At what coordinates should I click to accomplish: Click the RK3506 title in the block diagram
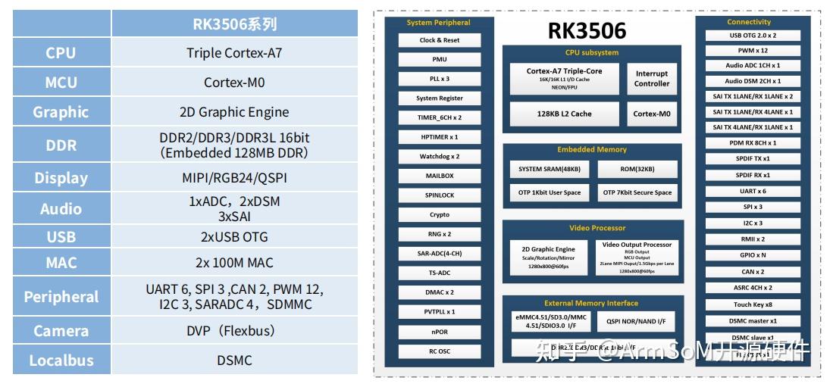pyautogui.click(x=587, y=31)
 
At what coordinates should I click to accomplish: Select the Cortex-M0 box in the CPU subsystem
pyautogui.click(x=651, y=114)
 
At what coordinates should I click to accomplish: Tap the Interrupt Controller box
pyautogui.click(x=651, y=79)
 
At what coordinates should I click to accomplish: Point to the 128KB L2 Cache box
pyautogui.click(x=565, y=114)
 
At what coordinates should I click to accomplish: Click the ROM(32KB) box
pyautogui.click(x=637, y=169)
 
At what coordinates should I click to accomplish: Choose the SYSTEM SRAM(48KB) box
pyautogui.click(x=550, y=169)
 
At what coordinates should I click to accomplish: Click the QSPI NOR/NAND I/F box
pyautogui.click(x=636, y=322)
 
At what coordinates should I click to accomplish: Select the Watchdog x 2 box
pyautogui.click(x=440, y=157)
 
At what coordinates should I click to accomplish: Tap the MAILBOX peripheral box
pyautogui.click(x=440, y=176)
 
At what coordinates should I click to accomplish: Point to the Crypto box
pyautogui.click(x=440, y=215)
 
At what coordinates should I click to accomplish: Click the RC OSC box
pyautogui.click(x=440, y=351)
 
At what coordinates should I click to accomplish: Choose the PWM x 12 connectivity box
pyautogui.click(x=752, y=51)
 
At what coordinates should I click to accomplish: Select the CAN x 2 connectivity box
pyautogui.click(x=752, y=272)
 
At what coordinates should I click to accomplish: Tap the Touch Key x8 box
pyautogui.click(x=752, y=304)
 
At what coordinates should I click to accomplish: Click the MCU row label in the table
pyautogui.click(x=61, y=83)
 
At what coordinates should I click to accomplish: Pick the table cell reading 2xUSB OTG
pyautogui.click(x=234, y=237)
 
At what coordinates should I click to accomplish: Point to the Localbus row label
pyautogui.click(x=61, y=360)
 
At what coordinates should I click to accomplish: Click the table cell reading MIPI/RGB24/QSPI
pyautogui.click(x=234, y=178)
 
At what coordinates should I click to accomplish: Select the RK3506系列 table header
pyautogui.click(x=234, y=23)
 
